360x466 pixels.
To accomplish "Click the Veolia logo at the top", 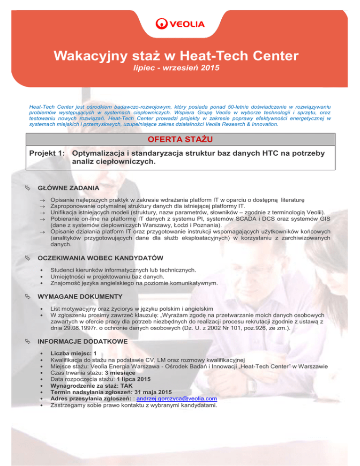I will click(180, 24).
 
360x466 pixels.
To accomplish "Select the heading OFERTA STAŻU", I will click(180, 140).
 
